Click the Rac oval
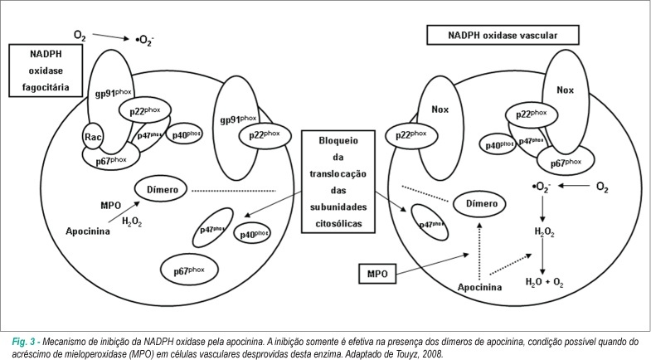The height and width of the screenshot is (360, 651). point(93,137)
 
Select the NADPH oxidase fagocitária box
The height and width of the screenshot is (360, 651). point(46,71)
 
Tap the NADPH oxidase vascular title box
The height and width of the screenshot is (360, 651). point(503,36)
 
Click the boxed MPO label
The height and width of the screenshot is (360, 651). point(377,274)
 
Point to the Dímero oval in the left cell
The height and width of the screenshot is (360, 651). point(161,189)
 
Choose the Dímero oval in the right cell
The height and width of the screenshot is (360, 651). point(480,203)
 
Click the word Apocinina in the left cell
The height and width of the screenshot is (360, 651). point(88,231)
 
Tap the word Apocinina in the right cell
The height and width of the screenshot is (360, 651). point(479,287)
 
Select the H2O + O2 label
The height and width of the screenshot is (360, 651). point(544,282)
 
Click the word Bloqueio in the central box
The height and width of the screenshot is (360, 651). point(338,140)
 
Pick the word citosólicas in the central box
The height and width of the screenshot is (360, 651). point(338,223)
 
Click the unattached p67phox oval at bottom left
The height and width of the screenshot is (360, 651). point(189,270)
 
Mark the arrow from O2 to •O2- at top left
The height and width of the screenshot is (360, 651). point(111,37)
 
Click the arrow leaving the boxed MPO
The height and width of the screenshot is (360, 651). point(433,264)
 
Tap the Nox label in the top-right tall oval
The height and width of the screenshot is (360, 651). point(565,90)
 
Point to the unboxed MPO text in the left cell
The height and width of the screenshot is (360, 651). point(110,205)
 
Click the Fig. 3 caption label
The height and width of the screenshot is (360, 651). point(24,342)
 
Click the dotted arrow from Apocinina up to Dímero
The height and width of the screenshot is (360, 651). point(479,251)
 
